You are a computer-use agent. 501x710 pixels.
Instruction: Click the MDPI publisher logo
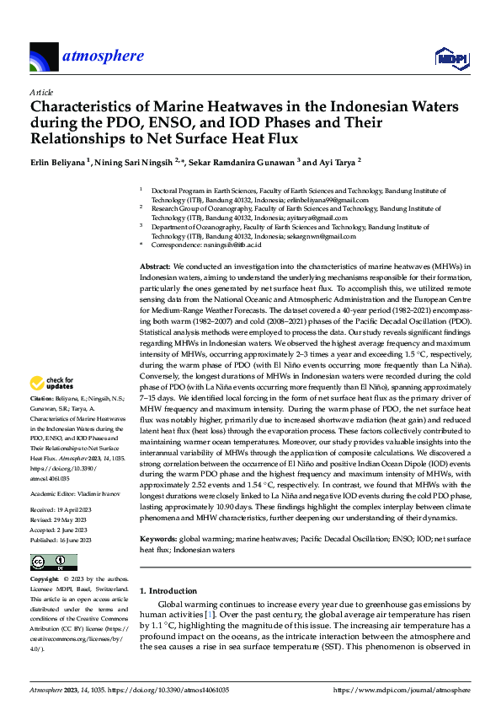(451, 57)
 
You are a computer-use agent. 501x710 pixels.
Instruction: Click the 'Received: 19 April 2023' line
(61, 487)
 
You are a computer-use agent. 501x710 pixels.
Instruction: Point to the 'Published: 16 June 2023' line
(62, 513)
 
